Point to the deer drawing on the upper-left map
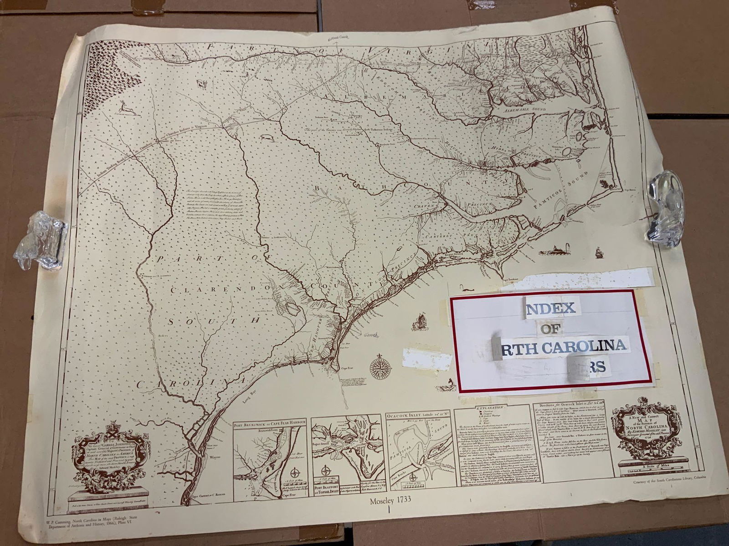123,108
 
